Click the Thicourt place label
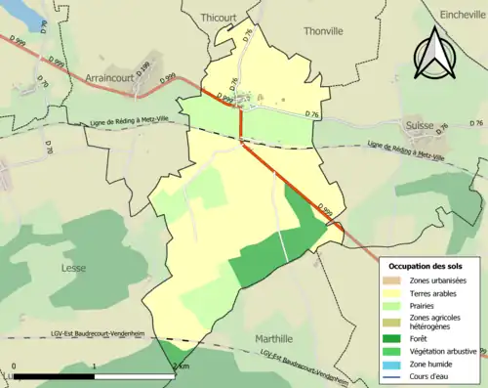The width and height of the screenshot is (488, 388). pyautogui.click(x=218, y=18)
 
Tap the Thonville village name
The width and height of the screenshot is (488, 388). pyautogui.click(x=323, y=31)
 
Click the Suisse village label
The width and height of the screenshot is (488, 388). pyautogui.click(x=420, y=126)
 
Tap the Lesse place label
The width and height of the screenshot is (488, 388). pyautogui.click(x=73, y=268)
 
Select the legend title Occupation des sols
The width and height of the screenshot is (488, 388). pyautogui.click(x=425, y=266)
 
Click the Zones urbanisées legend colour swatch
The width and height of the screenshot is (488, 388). pyautogui.click(x=396, y=281)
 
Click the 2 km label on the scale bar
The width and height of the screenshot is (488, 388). pyautogui.click(x=180, y=366)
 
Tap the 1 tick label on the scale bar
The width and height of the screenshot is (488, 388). pyautogui.click(x=94, y=366)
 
